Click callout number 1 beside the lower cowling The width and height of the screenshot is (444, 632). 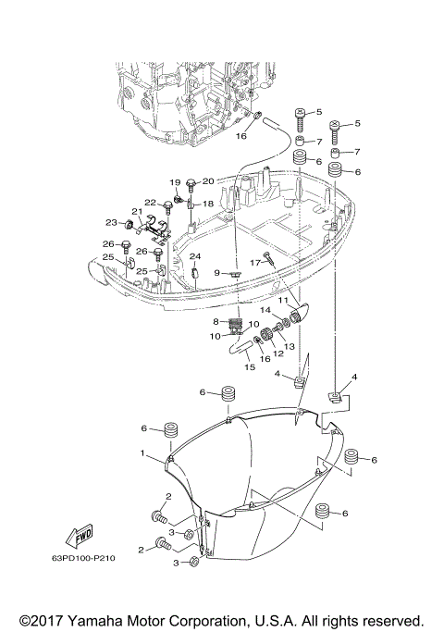tap(143, 453)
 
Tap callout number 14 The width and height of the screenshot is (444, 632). tap(264, 310)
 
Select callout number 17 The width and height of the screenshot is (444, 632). tap(247, 263)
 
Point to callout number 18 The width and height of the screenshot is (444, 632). tap(208, 204)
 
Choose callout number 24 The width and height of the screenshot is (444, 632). tap(195, 256)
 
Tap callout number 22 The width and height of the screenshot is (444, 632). tap(149, 202)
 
